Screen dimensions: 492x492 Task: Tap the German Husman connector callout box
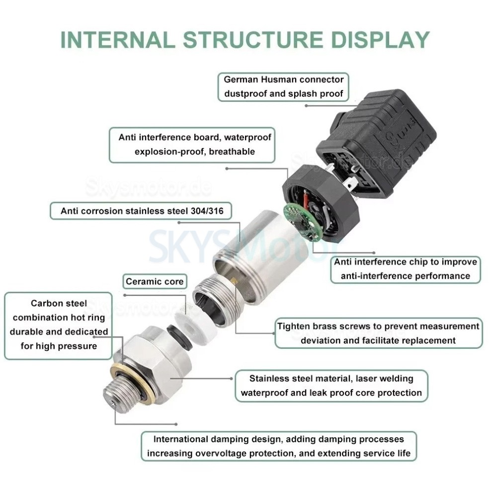[283, 86]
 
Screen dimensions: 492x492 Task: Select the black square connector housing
[378, 134]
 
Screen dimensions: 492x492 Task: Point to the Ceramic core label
[155, 282]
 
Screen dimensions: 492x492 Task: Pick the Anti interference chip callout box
[406, 269]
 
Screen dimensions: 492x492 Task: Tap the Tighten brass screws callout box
[378, 333]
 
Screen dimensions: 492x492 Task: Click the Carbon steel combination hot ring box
[59, 325]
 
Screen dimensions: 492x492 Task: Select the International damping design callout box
[278, 446]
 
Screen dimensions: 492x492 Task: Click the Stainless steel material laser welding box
[331, 385]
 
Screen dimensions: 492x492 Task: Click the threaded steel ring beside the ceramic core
[211, 298]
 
